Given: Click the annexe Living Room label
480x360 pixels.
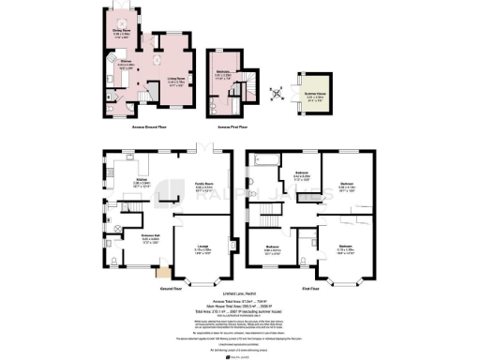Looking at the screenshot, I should pyautogui.click(x=169, y=82).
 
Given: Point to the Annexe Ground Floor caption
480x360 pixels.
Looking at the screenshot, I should pyautogui.click(x=147, y=127).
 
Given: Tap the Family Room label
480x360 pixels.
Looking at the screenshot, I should pyautogui.click(x=204, y=187).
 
